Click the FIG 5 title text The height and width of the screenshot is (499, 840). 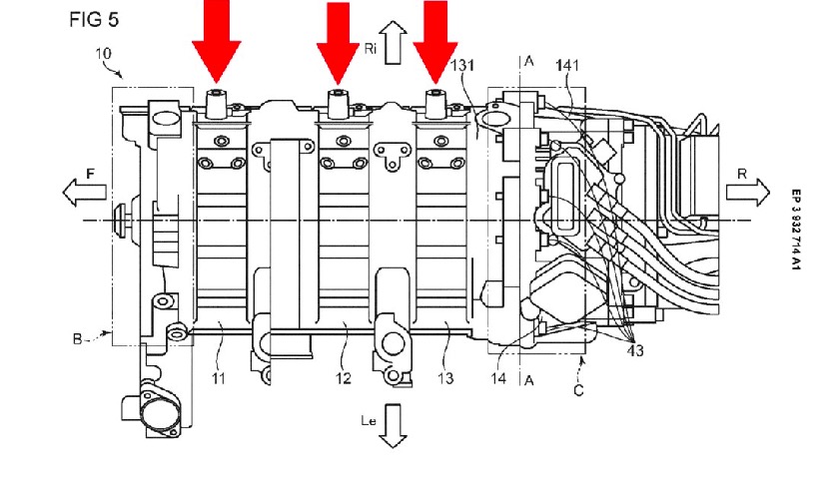pyautogui.click(x=92, y=20)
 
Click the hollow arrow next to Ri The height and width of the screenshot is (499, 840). pyautogui.click(x=392, y=45)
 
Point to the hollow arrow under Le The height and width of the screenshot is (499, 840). pyautogui.click(x=392, y=425)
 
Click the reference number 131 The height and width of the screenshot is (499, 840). pyautogui.click(x=463, y=67)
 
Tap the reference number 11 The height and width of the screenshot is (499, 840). pyautogui.click(x=219, y=378)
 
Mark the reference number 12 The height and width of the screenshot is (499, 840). pyautogui.click(x=343, y=378)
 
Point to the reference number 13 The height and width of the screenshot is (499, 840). pyautogui.click(x=445, y=378)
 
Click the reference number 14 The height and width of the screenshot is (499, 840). pyautogui.click(x=498, y=378)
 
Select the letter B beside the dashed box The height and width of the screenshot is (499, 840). pyautogui.click(x=76, y=340)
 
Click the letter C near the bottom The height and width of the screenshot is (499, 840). pyautogui.click(x=577, y=390)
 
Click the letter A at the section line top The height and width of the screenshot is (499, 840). pyautogui.click(x=528, y=61)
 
